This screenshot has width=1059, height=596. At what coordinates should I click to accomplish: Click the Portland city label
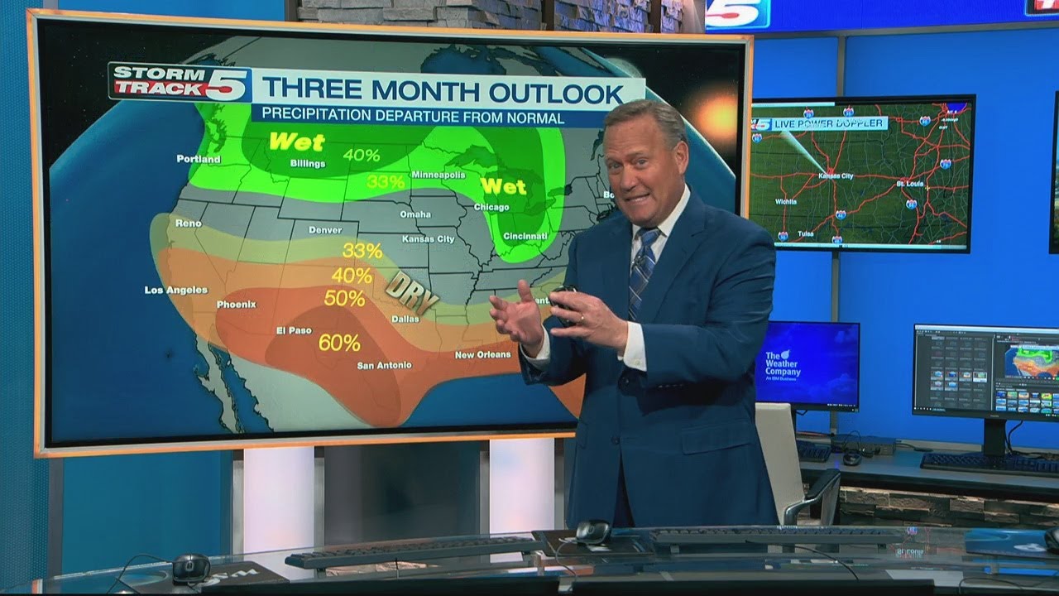click(199, 159)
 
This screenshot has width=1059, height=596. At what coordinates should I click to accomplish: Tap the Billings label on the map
click(307, 164)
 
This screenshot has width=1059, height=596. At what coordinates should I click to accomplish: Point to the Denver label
click(325, 229)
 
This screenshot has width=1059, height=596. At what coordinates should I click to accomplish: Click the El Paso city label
click(294, 330)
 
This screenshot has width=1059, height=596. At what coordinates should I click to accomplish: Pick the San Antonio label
click(384, 365)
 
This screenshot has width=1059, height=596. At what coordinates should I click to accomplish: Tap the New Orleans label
click(482, 355)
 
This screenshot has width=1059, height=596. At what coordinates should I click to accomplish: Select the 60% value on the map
click(339, 342)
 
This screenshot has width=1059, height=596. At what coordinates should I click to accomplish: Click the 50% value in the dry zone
click(344, 298)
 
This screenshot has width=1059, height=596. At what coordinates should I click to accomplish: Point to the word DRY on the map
click(411, 291)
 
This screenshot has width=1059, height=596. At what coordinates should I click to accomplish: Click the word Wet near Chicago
click(504, 185)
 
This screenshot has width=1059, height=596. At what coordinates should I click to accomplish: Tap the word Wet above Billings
click(296, 142)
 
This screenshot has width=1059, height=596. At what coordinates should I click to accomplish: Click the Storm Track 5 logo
click(180, 82)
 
